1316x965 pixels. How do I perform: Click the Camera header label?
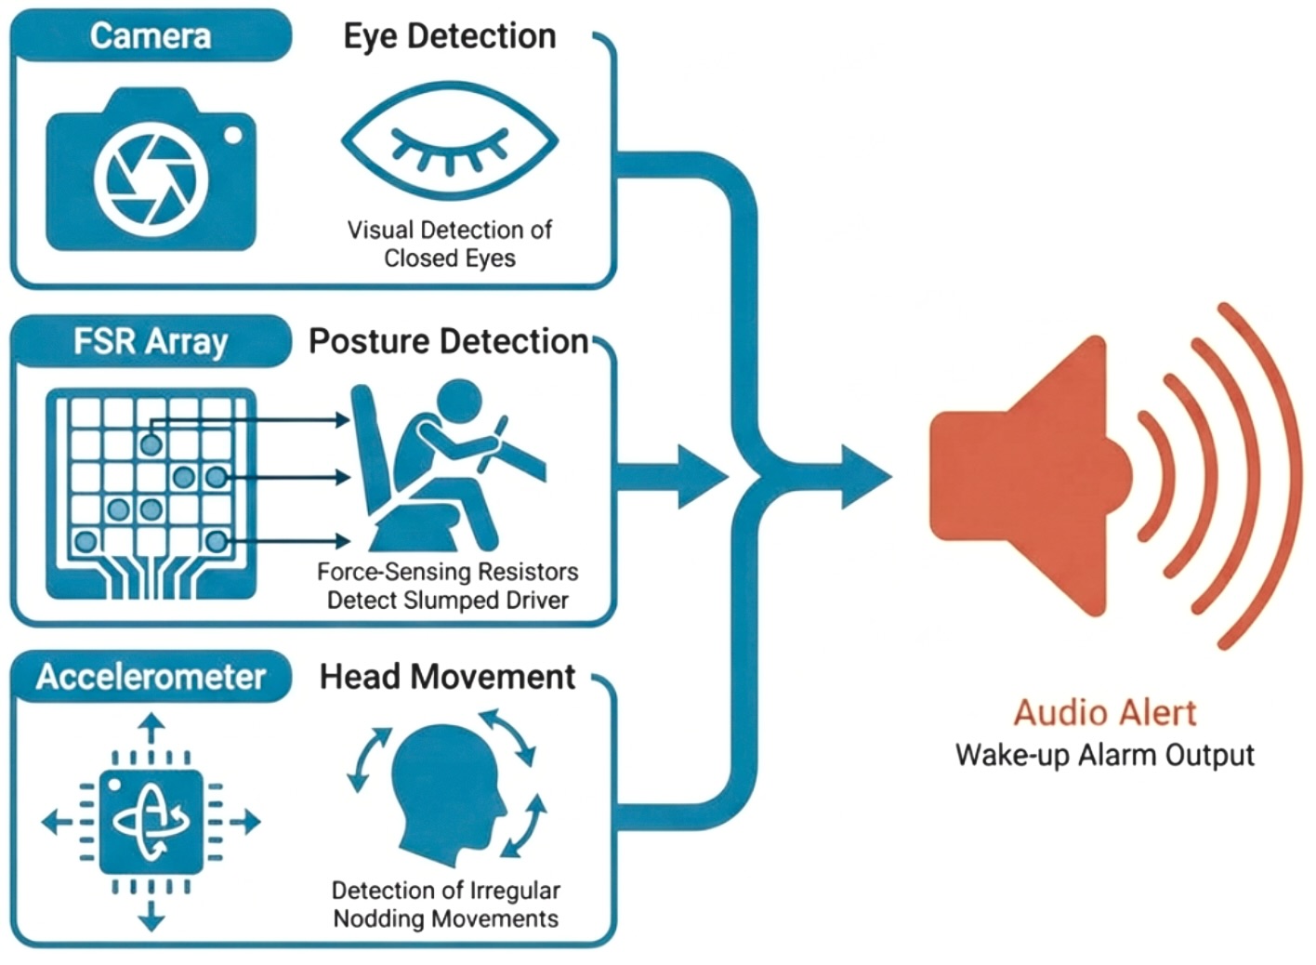click(x=151, y=36)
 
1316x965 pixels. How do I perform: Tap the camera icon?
click(x=151, y=170)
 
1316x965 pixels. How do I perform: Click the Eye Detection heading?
click(x=450, y=36)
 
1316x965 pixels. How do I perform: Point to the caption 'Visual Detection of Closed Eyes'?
click(x=450, y=244)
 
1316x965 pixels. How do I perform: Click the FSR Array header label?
click(x=151, y=341)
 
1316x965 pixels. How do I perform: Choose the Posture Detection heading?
click(x=449, y=341)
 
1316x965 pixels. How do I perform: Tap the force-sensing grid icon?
click(x=151, y=493)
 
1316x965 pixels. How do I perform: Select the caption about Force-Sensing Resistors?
click(x=448, y=586)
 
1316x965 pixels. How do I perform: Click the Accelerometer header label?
click(x=151, y=676)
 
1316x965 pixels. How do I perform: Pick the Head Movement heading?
click(x=448, y=676)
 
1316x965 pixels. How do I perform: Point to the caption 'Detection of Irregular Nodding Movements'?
click(x=446, y=905)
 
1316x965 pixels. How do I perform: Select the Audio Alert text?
click(x=1105, y=712)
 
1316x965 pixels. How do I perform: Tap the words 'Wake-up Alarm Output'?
click(x=1105, y=754)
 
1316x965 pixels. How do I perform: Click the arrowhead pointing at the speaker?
click(x=864, y=477)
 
